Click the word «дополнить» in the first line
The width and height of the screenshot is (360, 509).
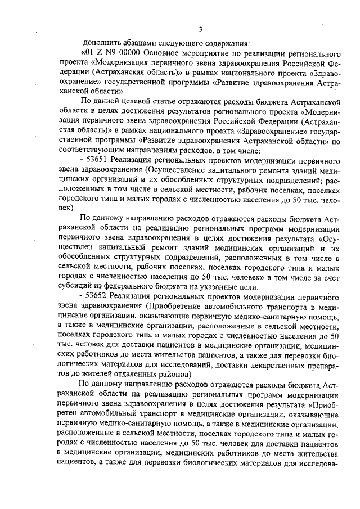point(100,42)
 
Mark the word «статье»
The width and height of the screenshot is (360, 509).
point(169,101)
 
